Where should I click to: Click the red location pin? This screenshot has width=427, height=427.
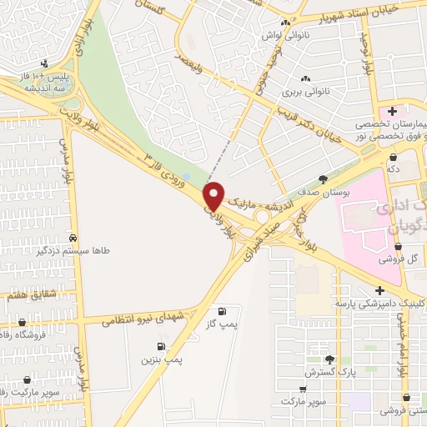(x=214, y=195)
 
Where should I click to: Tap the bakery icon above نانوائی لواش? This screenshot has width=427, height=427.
(x=286, y=23)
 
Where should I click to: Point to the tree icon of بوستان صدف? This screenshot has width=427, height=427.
(x=323, y=178)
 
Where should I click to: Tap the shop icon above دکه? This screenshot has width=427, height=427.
(x=392, y=156)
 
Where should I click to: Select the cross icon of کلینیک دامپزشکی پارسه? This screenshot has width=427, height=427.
(x=380, y=290)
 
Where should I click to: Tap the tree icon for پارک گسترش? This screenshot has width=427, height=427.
(x=329, y=359)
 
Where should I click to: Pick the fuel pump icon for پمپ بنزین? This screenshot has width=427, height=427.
(x=160, y=346)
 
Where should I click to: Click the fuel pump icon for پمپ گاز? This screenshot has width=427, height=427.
(x=221, y=309)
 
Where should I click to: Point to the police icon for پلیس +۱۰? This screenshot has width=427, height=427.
(x=43, y=63)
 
